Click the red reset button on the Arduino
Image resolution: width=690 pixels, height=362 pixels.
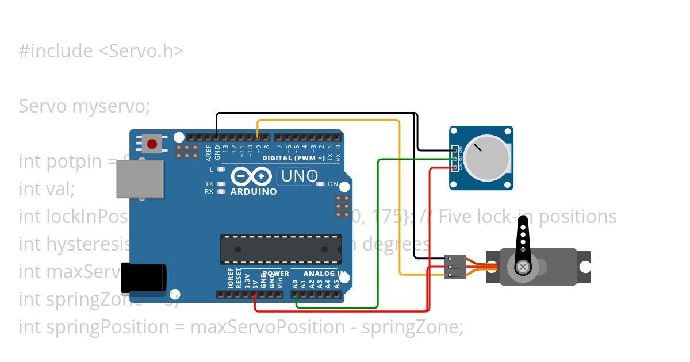152,144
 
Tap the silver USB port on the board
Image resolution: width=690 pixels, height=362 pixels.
140,179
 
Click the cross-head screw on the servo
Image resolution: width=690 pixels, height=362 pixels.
523,267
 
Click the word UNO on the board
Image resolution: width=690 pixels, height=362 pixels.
297,176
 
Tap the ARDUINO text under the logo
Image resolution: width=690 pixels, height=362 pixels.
254,191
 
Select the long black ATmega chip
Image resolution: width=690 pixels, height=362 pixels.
281,249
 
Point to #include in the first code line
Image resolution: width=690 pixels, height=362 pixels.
55,51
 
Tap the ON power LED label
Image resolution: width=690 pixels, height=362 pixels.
332,184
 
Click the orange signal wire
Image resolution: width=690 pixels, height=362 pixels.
399,195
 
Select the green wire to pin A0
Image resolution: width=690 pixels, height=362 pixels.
377,230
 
